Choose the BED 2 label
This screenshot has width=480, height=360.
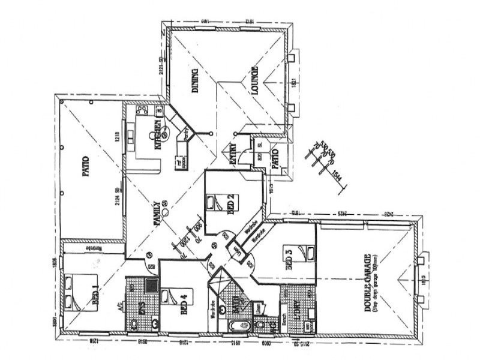[x=230, y=204]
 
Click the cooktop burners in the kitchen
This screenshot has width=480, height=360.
[x=142, y=112]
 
